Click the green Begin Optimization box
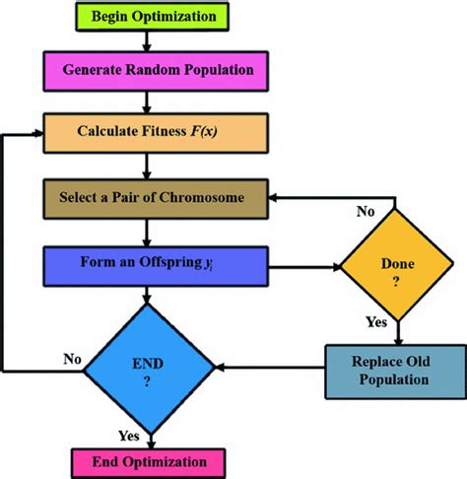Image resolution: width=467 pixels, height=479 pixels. (145, 18)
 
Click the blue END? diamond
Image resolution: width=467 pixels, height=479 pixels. (149, 371)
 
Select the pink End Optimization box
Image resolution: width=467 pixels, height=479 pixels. (149, 461)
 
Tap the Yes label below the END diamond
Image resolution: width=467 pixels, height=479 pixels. (128, 435)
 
